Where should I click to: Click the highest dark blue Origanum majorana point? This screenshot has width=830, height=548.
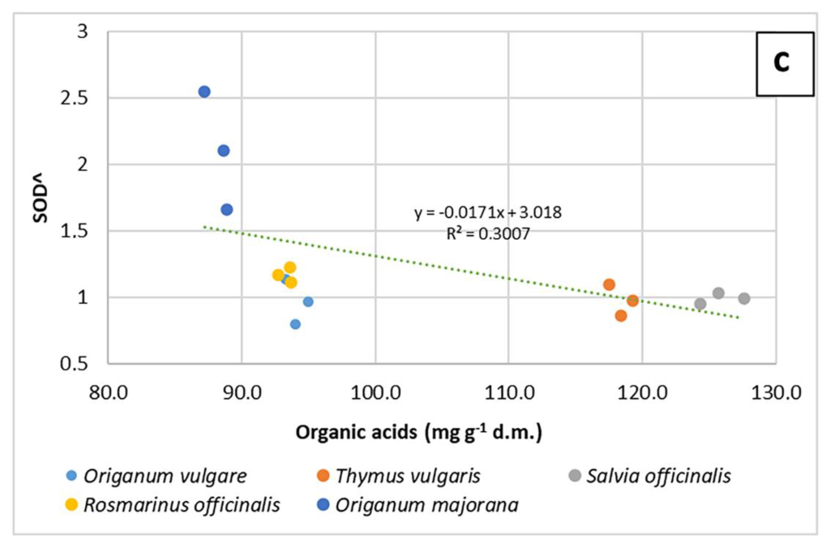click(x=204, y=92)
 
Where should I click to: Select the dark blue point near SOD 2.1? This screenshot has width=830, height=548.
click(x=223, y=151)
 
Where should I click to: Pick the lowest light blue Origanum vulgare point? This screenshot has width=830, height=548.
click(x=295, y=324)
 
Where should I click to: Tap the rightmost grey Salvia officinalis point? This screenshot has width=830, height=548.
click(x=744, y=299)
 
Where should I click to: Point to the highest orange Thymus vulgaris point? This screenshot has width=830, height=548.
click(x=609, y=284)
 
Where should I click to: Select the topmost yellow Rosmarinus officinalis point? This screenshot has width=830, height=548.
click(x=290, y=268)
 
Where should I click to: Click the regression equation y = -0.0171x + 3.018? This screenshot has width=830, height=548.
click(x=488, y=212)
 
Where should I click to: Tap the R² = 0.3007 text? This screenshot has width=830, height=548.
click(x=488, y=233)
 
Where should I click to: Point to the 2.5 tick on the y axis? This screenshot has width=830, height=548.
click(x=74, y=99)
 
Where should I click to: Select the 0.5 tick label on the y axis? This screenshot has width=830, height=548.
click(x=74, y=363)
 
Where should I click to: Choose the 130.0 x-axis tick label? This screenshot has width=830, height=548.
click(x=776, y=393)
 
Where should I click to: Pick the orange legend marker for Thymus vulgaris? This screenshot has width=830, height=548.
click(x=323, y=476)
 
